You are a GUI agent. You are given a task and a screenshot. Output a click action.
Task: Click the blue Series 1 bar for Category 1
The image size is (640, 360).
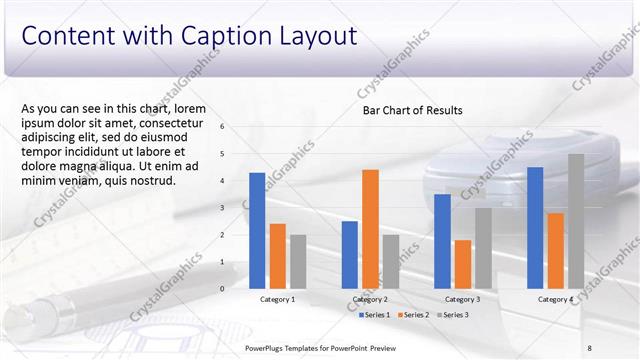(257, 230)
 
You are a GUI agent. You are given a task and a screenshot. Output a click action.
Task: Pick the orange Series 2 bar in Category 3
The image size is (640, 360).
(462, 264)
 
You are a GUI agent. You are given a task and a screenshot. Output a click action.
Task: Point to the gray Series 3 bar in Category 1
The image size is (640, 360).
(298, 261)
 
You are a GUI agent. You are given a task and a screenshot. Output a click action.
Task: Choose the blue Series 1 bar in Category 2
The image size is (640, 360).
(349, 254)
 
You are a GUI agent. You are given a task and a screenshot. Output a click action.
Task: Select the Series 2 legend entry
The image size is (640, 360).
(415, 315)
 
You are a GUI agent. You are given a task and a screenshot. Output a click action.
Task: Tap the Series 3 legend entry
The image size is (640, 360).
(455, 315)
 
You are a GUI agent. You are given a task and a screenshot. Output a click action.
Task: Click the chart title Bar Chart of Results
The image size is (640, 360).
(412, 111)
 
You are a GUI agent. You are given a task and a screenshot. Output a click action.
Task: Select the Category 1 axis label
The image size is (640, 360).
(277, 299)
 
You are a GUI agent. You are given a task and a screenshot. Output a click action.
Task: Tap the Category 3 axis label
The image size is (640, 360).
(462, 299)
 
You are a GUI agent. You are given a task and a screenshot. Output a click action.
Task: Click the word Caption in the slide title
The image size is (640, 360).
(226, 36)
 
